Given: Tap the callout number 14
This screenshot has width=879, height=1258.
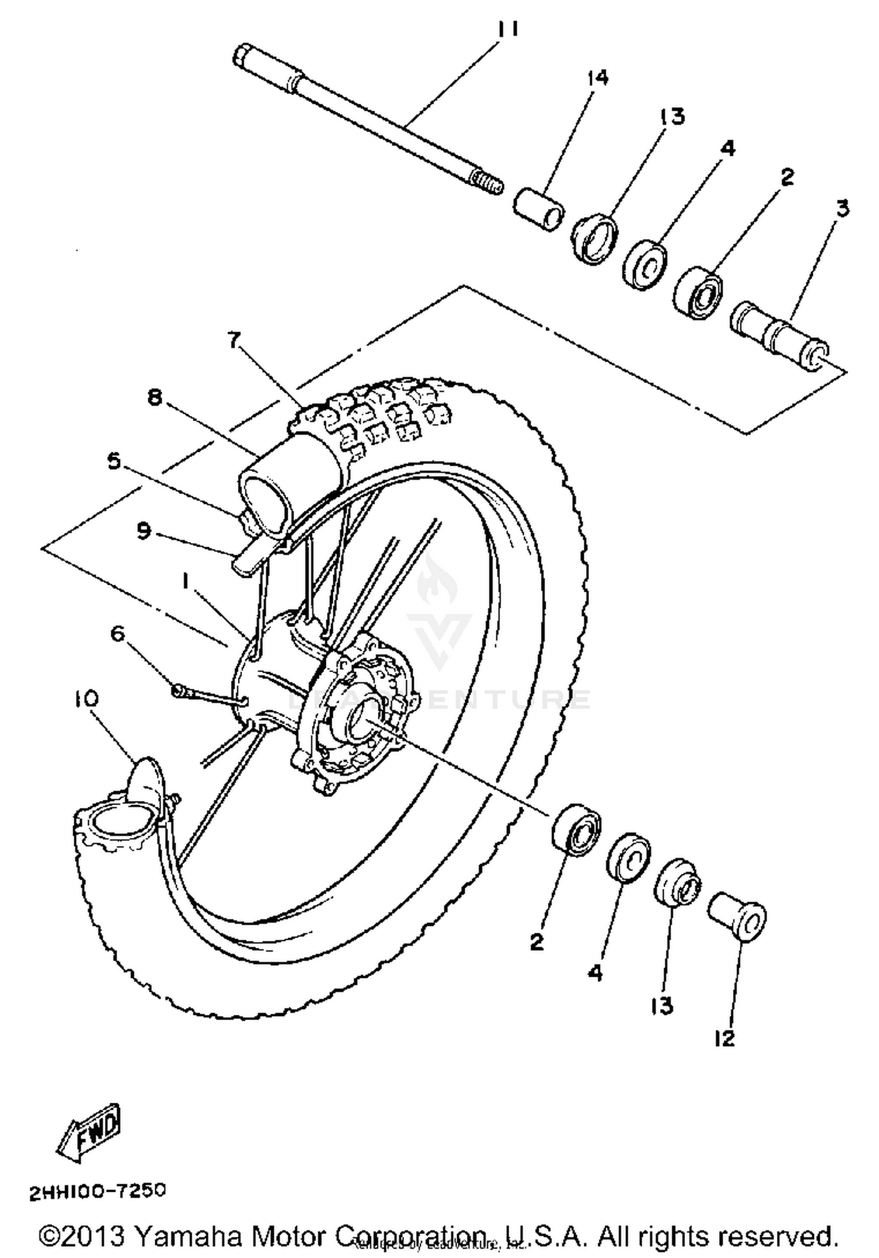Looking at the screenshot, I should [597, 78].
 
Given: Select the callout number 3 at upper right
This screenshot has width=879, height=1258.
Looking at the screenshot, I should [842, 208].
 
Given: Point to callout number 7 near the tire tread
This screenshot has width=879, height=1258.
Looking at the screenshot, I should [234, 340].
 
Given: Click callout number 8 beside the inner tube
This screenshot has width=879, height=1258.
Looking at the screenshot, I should [154, 398].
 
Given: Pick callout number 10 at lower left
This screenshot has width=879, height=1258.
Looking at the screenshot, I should [87, 698].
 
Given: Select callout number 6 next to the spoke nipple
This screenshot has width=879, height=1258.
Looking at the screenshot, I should [118, 633].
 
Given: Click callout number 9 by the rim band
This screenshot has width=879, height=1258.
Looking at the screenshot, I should [144, 531].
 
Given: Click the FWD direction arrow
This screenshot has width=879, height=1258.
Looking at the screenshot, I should [89, 1133].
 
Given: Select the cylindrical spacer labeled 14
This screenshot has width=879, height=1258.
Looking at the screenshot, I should [539, 209].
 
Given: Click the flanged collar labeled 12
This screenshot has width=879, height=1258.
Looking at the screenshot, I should [737, 918].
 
